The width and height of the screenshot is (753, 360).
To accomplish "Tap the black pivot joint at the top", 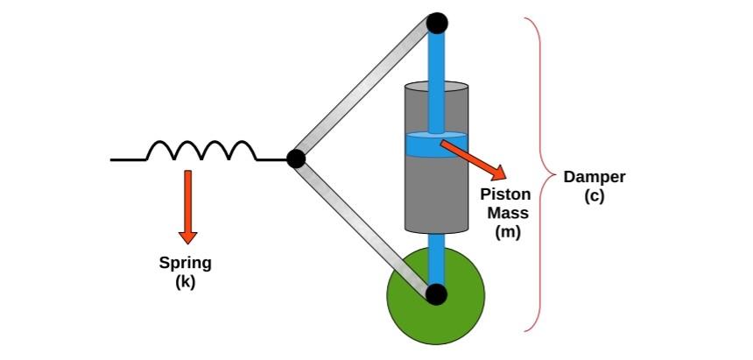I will point(437,22).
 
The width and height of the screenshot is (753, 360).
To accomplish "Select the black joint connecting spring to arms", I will point(296,159).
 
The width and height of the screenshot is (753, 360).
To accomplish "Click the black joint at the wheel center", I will point(436,294).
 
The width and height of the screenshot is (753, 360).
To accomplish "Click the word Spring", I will point(186,263).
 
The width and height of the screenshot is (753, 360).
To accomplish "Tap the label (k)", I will point(186,281).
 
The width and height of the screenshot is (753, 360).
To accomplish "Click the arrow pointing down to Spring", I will point(186,206).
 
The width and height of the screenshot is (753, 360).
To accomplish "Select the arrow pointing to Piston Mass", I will point(473,156).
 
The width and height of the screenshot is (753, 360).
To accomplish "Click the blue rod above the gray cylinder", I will point(436,57).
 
